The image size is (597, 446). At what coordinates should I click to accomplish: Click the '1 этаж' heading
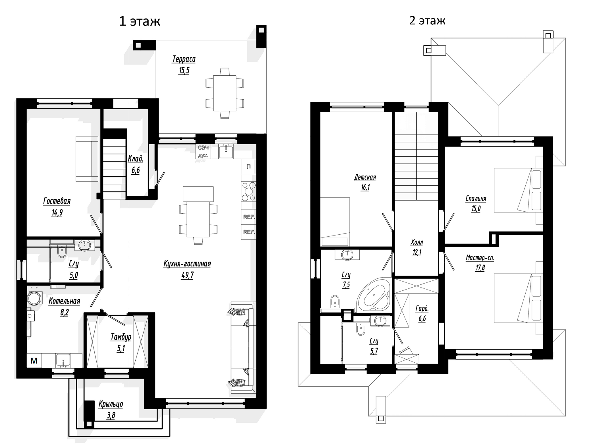(139, 21)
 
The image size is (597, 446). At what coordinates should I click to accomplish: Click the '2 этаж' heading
(427, 20)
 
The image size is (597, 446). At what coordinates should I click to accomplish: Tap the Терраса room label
(184, 59)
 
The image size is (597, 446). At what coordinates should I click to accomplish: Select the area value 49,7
(187, 275)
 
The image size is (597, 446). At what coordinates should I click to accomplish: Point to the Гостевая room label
(57, 201)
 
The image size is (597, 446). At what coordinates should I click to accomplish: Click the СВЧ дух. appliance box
(203, 152)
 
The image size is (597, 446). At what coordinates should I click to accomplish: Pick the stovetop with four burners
(249, 191)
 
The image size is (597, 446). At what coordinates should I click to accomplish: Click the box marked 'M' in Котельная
(34, 361)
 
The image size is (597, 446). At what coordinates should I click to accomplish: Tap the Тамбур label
(121, 337)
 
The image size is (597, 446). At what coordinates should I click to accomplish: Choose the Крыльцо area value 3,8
(111, 416)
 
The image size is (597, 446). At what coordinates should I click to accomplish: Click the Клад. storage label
(135, 159)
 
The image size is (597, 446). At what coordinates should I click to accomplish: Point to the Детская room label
(365, 177)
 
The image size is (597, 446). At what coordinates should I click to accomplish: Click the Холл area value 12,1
(417, 252)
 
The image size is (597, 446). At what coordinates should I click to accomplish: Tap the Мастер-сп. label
(480, 258)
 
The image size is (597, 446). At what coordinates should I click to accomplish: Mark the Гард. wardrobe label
(422, 309)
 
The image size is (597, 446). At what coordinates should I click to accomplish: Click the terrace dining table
(225, 93)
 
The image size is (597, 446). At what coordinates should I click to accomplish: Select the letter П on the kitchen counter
(248, 166)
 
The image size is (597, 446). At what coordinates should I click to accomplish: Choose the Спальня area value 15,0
(476, 209)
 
